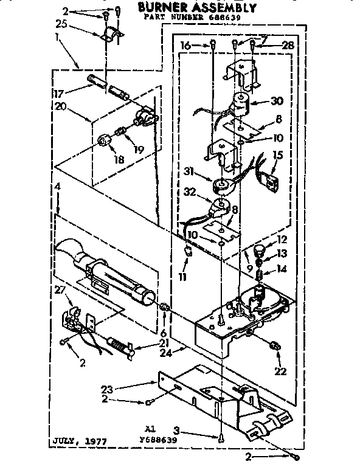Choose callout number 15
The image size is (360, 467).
coord(278,156)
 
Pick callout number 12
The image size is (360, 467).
coord(283,239)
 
